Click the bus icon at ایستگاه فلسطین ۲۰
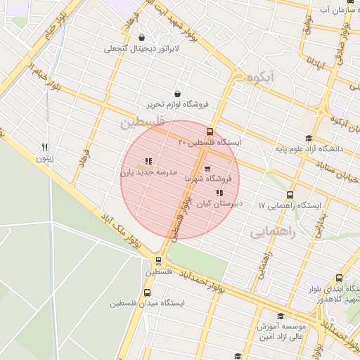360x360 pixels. tap(210, 131)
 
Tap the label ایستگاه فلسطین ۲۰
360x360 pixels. tap(210, 143)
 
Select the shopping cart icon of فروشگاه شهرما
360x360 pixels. tap(207, 169)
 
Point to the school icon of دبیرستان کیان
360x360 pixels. tap(219, 193)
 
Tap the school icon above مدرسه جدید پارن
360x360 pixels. tap(148, 161)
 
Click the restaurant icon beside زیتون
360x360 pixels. tap(45, 147)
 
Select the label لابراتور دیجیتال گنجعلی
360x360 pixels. tap(141, 49)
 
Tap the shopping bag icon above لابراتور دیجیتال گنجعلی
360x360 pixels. tap(142, 38)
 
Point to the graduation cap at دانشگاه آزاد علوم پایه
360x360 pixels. tap(308, 138)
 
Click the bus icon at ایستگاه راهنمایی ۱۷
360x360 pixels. tap(290, 195)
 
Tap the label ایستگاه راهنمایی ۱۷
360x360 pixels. tap(290, 206)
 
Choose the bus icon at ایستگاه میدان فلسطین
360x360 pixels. tap(147, 292)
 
